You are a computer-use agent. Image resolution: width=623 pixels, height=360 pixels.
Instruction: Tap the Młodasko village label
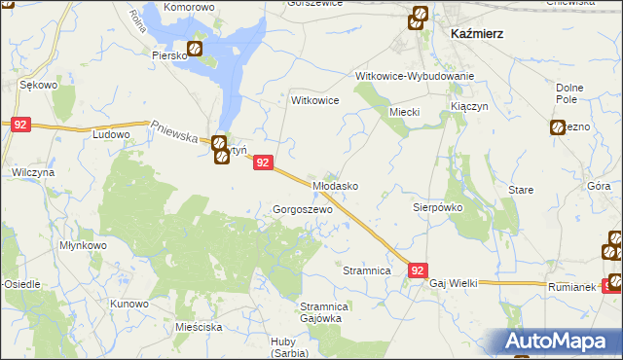tap(335, 185)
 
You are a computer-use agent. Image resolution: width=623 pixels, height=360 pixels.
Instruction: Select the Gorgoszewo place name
tap(304, 209)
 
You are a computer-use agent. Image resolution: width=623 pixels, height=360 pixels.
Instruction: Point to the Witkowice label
tap(315, 100)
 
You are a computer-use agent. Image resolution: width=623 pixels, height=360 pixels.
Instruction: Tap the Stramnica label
tap(367, 270)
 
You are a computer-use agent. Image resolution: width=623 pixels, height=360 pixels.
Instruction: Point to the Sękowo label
tap(40, 86)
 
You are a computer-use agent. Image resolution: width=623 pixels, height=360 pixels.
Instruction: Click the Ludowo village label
tap(111, 135)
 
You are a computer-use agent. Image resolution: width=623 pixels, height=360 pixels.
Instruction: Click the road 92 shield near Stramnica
tap(418, 271)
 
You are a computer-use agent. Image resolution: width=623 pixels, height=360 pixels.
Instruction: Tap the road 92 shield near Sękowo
tap(21, 125)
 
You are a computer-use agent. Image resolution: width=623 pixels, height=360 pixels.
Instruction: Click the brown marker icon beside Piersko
tap(195, 48)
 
